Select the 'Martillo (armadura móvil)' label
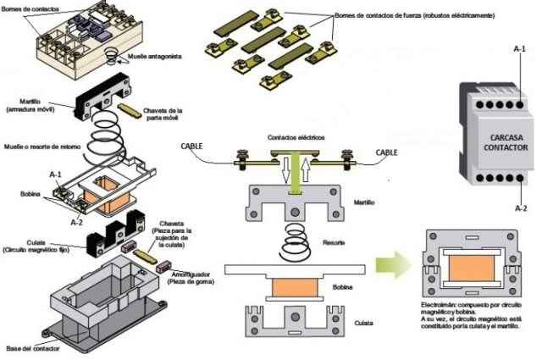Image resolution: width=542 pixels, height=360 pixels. pos(27,107)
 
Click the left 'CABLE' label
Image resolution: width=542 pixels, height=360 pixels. pos(192,146)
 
